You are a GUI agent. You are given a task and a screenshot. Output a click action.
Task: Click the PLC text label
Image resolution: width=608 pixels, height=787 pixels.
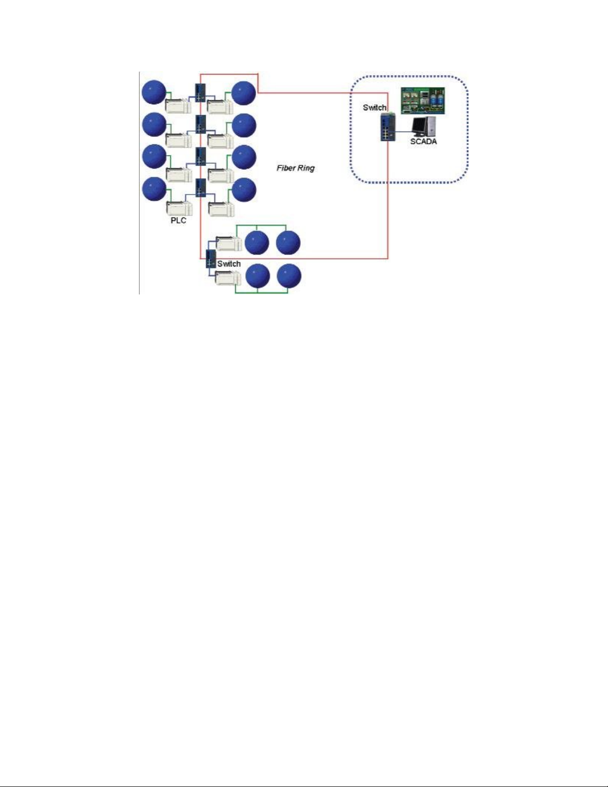pos(178,220)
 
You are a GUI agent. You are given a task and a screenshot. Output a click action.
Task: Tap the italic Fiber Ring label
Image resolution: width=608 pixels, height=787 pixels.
pos(295,168)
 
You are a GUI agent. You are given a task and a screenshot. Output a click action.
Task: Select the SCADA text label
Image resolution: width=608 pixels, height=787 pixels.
pos(423,142)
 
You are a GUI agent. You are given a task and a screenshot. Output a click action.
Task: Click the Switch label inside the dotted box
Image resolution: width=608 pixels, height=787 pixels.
pos(374,107)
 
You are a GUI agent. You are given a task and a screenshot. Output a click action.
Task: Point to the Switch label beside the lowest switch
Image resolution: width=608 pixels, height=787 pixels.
pos(229,264)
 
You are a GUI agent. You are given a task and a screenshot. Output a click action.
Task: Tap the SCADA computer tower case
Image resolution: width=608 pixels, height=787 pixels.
pos(431,126)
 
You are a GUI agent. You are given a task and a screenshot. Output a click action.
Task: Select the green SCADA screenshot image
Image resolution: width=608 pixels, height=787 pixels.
pos(423,101)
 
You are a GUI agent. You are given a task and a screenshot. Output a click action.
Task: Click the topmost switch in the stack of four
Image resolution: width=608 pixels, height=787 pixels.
pos(200,92)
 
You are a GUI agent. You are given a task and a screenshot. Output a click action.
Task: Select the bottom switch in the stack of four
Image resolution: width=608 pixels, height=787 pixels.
pos(200,188)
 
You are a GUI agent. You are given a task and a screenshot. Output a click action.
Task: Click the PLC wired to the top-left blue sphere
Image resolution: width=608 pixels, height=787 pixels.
pos(178,106)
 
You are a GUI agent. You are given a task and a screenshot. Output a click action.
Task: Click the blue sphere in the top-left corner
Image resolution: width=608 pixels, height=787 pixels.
pos(154,92)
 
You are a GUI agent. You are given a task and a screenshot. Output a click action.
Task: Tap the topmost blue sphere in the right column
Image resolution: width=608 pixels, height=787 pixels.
pos(244,93)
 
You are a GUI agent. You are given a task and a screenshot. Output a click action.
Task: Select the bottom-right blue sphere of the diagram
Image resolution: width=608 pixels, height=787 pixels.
pos(289,277)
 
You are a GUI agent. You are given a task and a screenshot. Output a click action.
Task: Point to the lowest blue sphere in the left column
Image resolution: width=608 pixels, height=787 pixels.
pos(154,189)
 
